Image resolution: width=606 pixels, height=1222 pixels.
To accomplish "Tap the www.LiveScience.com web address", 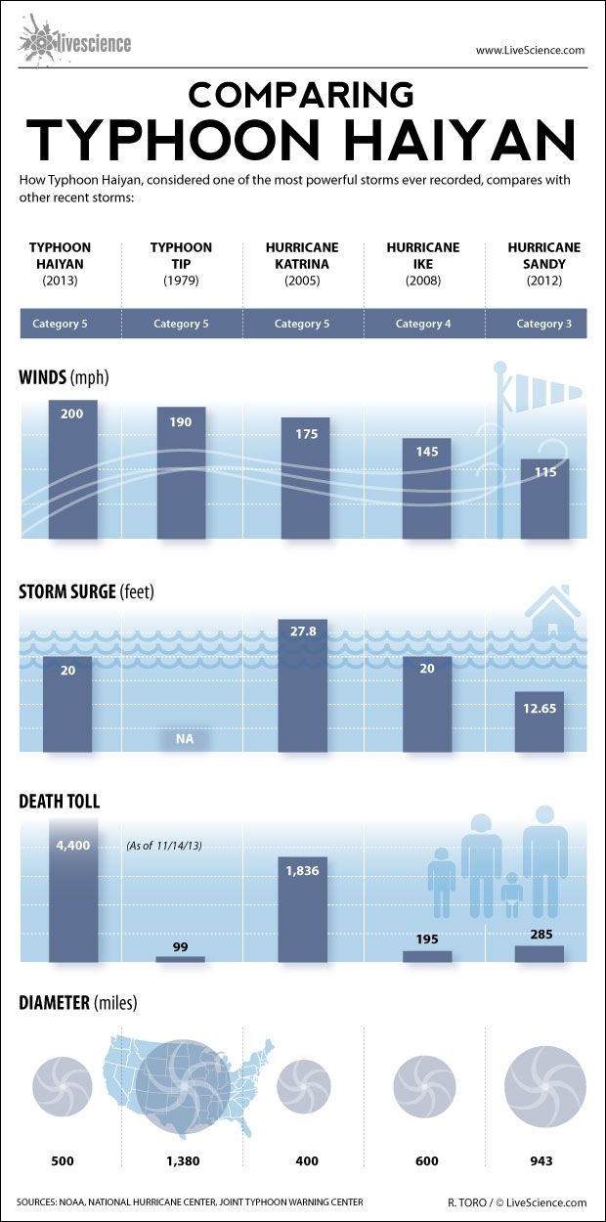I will click(530, 50).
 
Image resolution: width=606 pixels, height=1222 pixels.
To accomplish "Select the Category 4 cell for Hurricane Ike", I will click(423, 324).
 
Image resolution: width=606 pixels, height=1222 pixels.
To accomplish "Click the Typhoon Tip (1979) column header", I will click(181, 264).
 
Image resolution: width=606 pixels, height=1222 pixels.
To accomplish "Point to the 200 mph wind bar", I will click(72, 469).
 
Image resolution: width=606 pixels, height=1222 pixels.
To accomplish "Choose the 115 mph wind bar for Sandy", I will click(544, 499).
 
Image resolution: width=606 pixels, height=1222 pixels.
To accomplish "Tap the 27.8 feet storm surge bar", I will click(302, 684).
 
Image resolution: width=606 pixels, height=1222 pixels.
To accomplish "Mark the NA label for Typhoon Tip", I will click(184, 739).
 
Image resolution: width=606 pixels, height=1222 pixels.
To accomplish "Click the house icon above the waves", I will click(552, 612).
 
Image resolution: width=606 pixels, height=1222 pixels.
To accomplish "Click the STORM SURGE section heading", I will click(86, 591).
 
